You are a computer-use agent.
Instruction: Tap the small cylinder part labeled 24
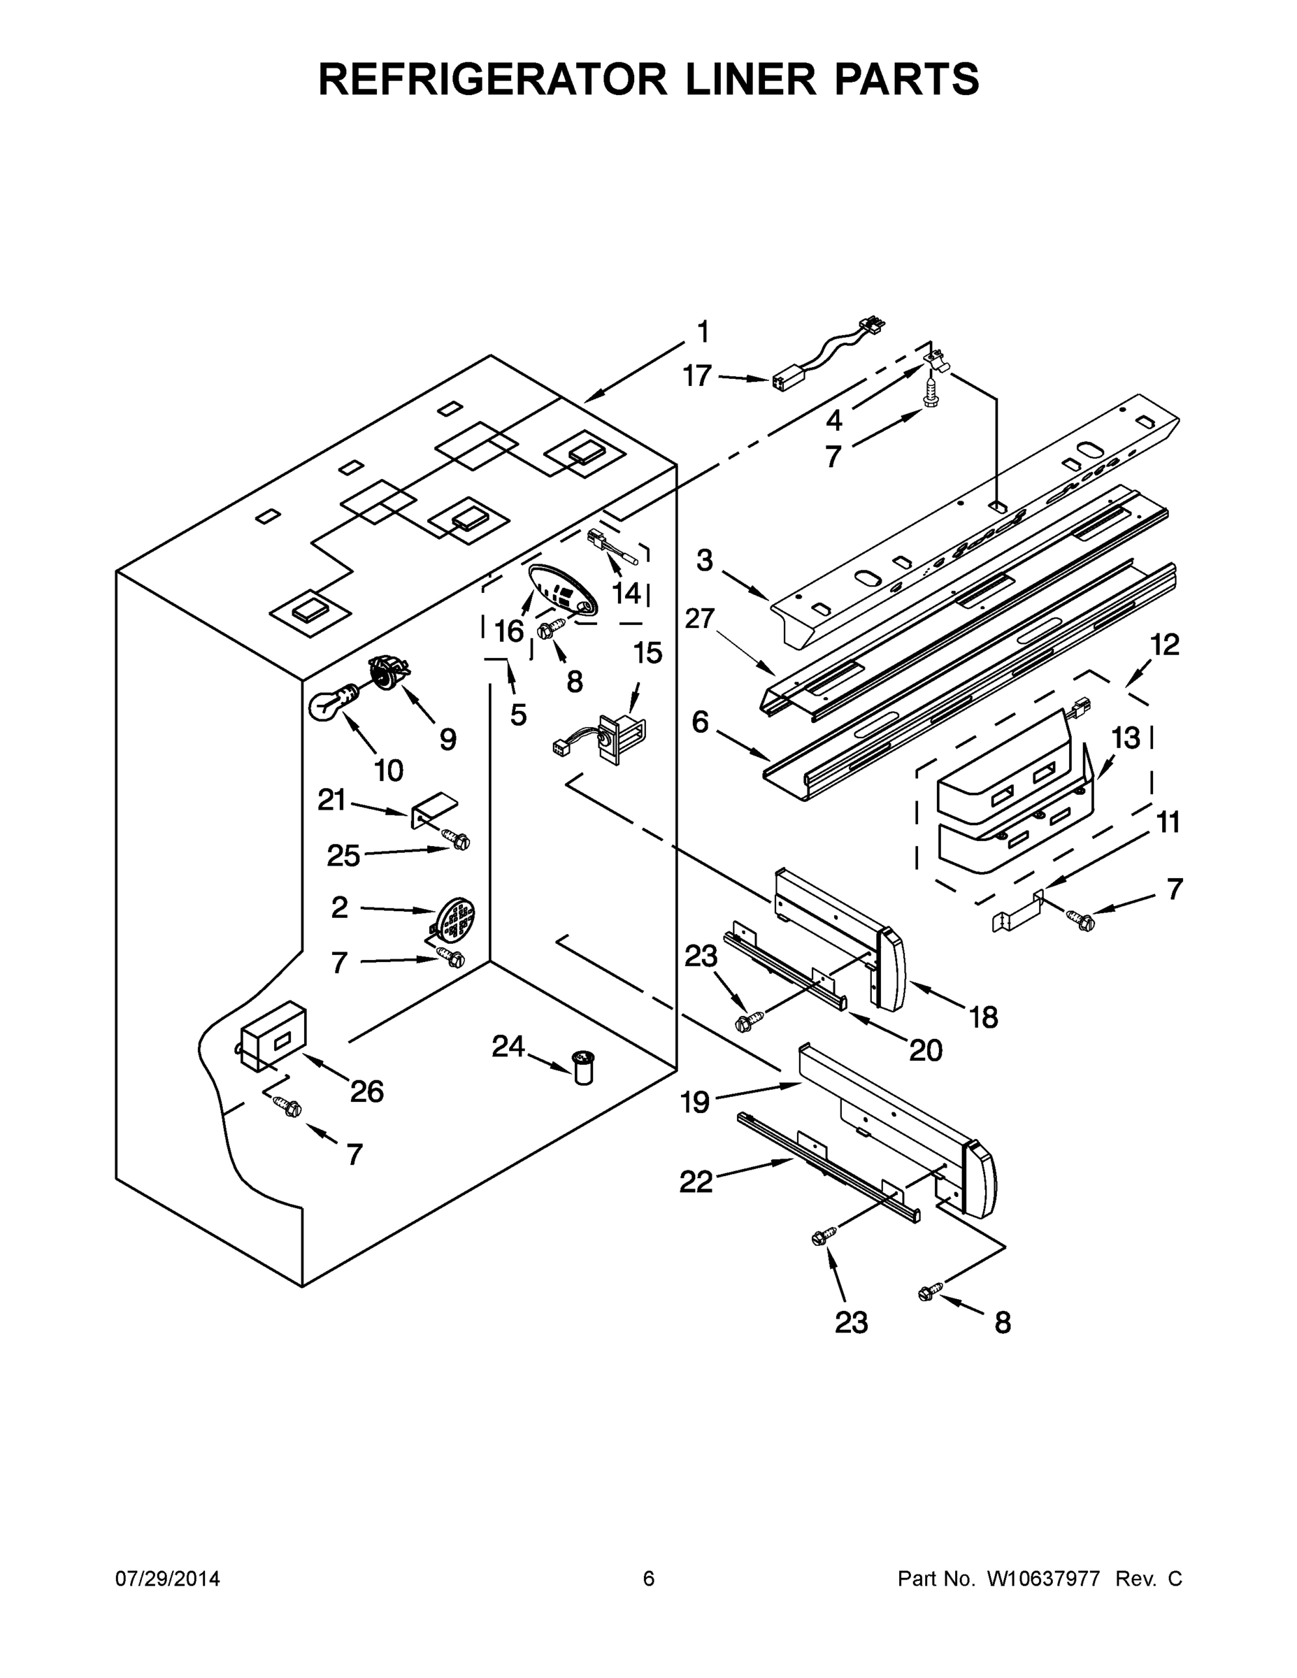point(585,1068)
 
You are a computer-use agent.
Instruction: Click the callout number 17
point(698,375)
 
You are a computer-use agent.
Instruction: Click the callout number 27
point(700,619)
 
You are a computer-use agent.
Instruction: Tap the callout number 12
point(1165,645)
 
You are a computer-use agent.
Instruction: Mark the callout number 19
point(696,1103)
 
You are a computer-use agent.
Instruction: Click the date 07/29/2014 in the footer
point(168,1579)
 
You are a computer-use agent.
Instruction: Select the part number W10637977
point(1042,1579)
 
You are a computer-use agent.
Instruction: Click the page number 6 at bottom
point(649,1579)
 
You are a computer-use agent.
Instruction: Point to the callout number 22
point(696,1182)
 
